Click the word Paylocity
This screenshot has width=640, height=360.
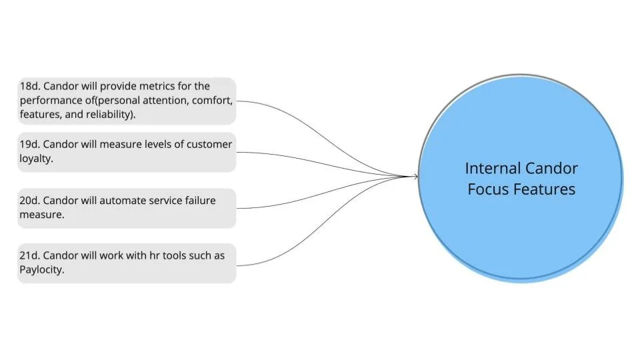(x=42, y=270)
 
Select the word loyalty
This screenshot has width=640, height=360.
(x=36, y=159)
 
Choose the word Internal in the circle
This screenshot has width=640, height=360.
(x=492, y=168)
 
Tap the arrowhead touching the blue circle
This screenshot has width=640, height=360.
(x=415, y=176)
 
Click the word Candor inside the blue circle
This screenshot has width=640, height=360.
(x=551, y=168)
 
